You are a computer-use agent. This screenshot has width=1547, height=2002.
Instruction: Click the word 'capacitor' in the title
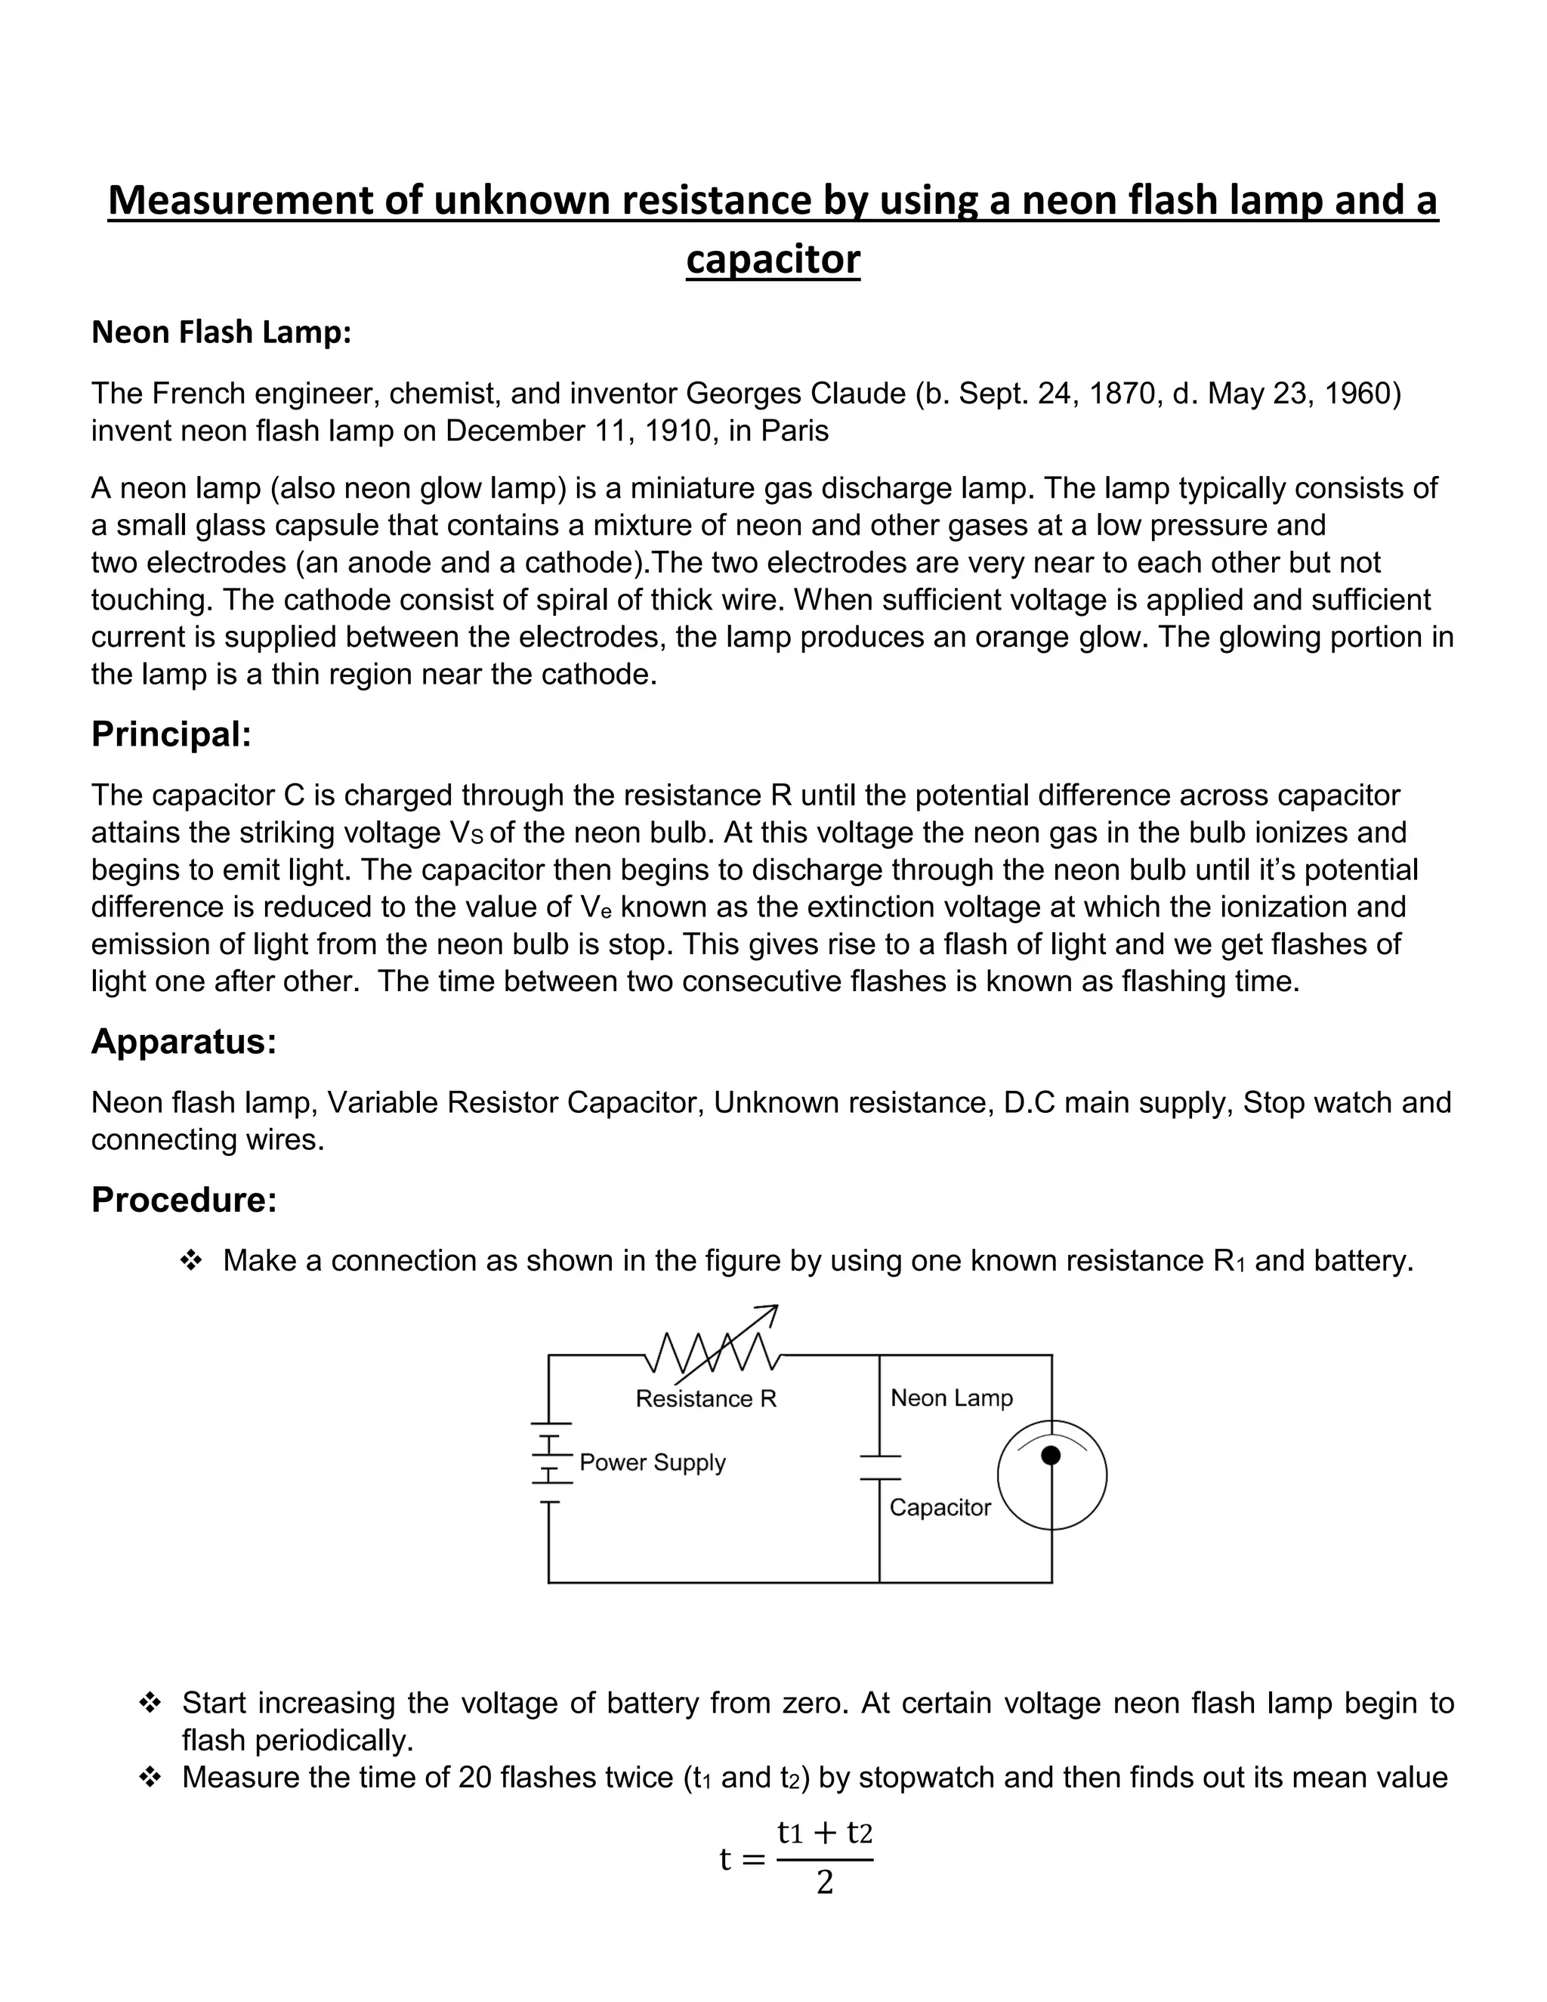coord(773,259)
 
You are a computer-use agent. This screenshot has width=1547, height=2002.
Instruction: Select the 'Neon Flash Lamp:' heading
coord(221,332)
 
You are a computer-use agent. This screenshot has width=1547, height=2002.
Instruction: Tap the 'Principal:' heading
coord(171,734)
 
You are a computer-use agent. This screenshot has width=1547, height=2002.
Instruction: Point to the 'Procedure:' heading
coord(184,1199)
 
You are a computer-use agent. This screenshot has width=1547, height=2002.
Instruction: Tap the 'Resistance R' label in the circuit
coord(706,1399)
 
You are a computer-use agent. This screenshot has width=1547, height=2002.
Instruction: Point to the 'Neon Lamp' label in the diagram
coord(951,1398)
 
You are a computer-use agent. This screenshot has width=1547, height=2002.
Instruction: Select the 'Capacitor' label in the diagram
coord(940,1508)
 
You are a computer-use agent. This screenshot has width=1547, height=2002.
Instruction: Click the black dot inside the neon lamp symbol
coord(1051,1456)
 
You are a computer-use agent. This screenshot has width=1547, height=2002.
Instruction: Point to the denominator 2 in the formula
coord(824,1883)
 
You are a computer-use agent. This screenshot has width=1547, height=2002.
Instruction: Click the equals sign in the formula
coord(753,1860)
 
